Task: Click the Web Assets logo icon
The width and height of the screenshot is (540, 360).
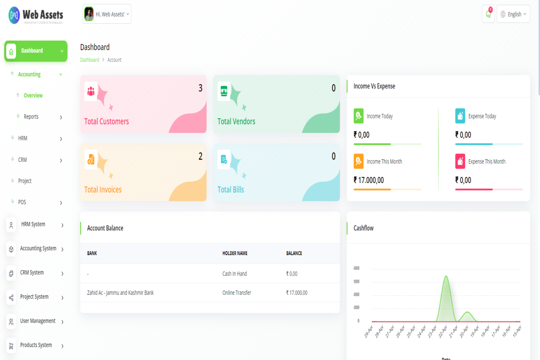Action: tap(14, 15)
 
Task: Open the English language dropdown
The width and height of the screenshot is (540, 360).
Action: tap(513, 14)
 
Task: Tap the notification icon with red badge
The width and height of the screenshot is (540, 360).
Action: tap(488, 14)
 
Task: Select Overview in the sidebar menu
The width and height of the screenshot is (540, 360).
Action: tap(33, 95)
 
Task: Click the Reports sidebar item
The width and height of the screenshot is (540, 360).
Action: tap(31, 117)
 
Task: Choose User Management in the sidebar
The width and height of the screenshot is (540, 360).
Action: tap(38, 321)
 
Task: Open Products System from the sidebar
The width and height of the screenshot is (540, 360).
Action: tap(36, 345)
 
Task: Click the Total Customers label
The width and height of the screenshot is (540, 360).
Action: tap(107, 121)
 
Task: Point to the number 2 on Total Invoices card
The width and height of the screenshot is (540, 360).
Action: tap(201, 157)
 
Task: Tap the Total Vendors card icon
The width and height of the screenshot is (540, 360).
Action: tap(224, 91)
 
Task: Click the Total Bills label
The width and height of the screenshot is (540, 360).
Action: tap(231, 189)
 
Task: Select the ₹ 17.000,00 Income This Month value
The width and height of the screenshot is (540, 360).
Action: tap(369, 180)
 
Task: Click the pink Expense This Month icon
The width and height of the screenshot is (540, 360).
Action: tap(460, 161)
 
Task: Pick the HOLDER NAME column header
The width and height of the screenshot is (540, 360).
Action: tap(235, 253)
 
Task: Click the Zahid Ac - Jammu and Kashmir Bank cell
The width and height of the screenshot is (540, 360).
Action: tap(120, 293)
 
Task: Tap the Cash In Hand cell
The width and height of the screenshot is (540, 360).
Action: tap(234, 274)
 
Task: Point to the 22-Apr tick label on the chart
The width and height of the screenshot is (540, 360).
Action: tap(443, 332)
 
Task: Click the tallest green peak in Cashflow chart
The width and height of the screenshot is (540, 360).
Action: tap(446, 277)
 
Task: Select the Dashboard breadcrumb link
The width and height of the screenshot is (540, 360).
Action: tap(90, 60)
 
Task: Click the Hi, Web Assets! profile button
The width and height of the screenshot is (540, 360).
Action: tap(107, 14)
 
